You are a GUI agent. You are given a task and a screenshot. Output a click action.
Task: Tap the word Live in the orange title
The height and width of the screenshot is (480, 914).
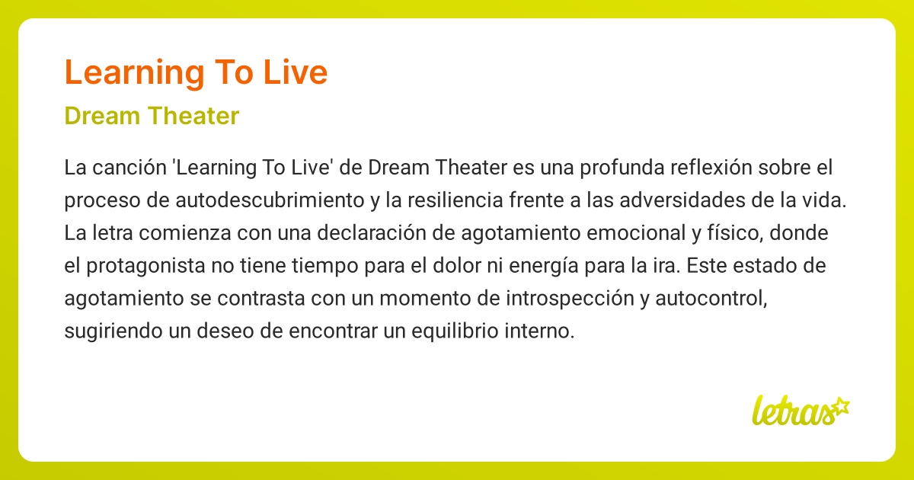[296, 73]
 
